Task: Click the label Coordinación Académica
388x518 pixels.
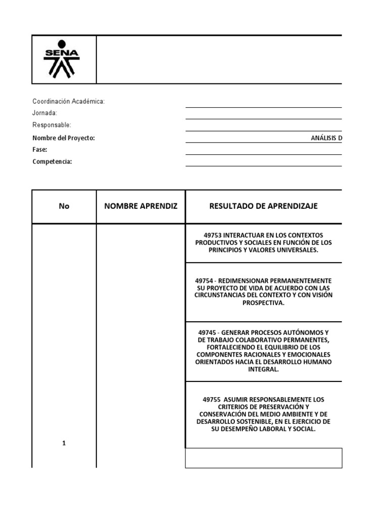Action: point(68,102)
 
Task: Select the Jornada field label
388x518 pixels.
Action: point(44,113)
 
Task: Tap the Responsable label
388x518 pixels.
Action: point(52,125)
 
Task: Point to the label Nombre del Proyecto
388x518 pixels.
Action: point(64,138)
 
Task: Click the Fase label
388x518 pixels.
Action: point(40,150)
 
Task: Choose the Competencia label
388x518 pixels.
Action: point(52,161)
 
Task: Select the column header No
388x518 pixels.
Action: point(64,206)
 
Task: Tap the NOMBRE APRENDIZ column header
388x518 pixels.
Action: point(141,206)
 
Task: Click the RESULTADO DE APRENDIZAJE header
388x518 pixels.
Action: point(263,206)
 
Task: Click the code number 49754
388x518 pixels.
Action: point(204,280)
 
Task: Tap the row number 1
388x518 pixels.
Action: point(64,444)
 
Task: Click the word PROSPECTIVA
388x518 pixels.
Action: point(263,303)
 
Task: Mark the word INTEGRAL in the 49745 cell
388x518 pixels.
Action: point(263,370)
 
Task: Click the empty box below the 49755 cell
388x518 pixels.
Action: point(264,458)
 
